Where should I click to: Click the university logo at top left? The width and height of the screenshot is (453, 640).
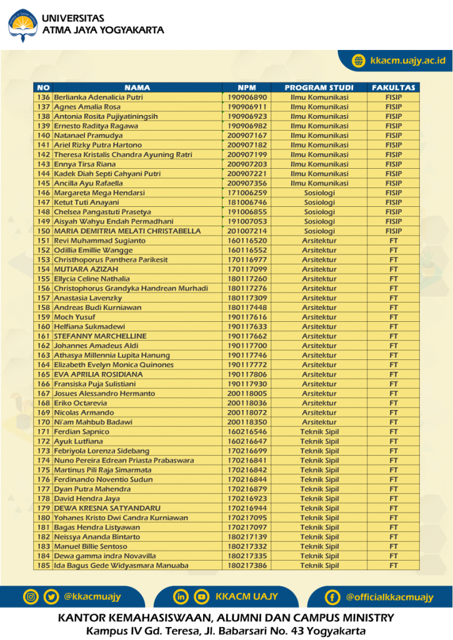(22, 25)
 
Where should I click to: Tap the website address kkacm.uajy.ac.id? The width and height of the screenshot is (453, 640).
(407, 61)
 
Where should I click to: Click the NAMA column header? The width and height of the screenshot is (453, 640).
(137, 87)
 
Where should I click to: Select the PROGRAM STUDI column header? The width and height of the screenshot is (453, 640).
(319, 87)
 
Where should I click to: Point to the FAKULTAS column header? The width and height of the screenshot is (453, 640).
(394, 87)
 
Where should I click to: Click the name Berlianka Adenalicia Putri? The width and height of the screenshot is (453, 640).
(98, 97)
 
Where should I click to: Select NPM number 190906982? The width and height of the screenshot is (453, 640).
(247, 126)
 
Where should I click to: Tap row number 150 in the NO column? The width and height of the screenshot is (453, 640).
(43, 231)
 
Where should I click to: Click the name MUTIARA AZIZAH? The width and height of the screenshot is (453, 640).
(82, 269)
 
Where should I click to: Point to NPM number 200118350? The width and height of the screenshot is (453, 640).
(247, 422)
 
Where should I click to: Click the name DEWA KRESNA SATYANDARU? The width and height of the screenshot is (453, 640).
(107, 508)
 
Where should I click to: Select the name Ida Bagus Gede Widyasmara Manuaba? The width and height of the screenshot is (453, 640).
(121, 566)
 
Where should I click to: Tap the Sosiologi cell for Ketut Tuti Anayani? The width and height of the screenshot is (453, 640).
(319, 202)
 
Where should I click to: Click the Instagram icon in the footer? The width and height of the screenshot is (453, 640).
(31, 597)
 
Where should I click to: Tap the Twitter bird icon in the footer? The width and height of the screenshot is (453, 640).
(51, 597)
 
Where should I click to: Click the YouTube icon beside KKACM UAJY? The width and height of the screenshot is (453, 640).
(201, 597)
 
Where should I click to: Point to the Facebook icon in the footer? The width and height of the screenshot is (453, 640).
(332, 597)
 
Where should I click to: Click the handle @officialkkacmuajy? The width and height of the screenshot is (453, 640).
(389, 597)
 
